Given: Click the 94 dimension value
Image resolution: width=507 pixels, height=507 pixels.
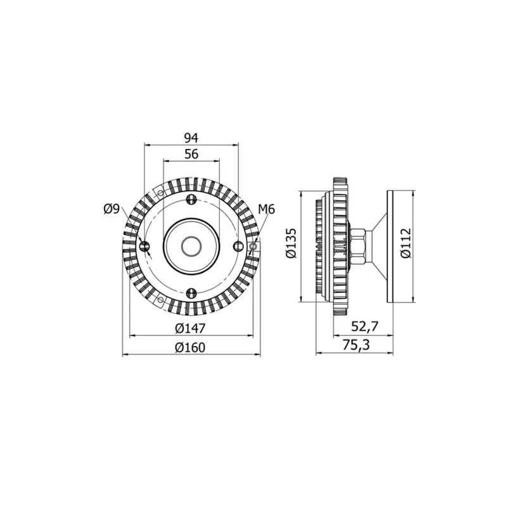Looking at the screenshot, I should click(191, 138).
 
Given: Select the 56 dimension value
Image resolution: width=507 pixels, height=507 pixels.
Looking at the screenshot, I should click(191, 154).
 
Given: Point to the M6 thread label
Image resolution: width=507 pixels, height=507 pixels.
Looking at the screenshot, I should click(266, 209).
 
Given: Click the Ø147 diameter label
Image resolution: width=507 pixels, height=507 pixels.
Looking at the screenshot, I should click(191, 328).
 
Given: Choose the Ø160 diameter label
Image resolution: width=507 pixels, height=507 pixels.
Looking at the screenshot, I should click(191, 347).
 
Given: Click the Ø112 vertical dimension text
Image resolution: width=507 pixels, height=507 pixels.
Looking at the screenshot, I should click(406, 244).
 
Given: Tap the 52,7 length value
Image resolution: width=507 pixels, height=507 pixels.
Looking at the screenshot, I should click(364, 326).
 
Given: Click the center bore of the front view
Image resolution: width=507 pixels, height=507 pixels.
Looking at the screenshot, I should click(191, 245).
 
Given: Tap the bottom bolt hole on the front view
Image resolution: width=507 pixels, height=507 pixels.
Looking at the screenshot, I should click(191, 292).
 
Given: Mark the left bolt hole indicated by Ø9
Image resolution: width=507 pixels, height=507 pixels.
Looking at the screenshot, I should click(145, 246).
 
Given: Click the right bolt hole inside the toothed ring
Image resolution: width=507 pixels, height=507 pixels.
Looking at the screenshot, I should click(237, 246).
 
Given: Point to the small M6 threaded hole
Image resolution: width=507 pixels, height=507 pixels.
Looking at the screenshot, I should click(253, 246).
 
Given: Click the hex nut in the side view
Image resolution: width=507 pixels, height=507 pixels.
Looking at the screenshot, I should click(356, 245).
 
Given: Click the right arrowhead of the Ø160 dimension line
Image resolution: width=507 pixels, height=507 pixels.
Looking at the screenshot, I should click(257, 355).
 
